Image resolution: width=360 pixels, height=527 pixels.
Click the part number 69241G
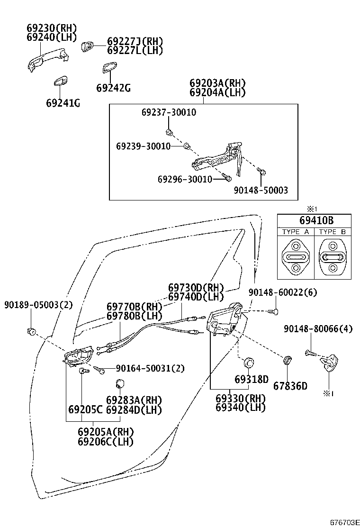click(x=63, y=103)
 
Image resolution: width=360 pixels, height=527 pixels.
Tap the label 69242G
click(x=113, y=88)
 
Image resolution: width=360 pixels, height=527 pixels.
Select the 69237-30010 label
click(x=169, y=112)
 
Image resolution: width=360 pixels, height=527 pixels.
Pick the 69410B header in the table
click(x=314, y=220)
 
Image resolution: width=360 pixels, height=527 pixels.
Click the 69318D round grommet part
click(x=247, y=363)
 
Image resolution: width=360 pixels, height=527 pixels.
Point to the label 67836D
click(x=290, y=385)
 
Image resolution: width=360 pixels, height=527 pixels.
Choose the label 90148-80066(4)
click(x=318, y=328)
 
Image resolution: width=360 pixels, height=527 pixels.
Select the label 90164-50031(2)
click(x=144, y=368)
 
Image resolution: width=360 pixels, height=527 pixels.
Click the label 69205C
click(x=85, y=409)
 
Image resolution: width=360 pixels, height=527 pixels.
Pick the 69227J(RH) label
click(x=135, y=41)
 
